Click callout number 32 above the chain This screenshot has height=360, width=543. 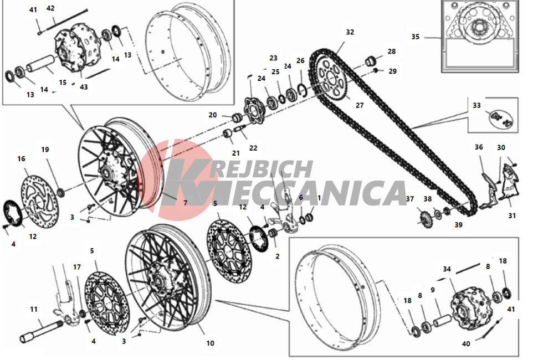tap(350, 32)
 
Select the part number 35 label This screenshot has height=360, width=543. tap(415, 37)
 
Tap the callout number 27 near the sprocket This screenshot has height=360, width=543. tap(360, 105)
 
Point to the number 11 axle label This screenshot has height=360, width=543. tap(34, 309)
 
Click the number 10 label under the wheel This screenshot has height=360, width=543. tap(210, 343)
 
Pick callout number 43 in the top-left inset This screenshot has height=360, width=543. tap(84, 87)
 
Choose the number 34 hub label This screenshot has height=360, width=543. tap(447, 269)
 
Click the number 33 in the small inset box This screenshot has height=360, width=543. tap(477, 105)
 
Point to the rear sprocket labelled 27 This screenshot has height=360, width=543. tap(330, 79)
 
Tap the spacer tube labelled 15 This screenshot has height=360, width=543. tap(41, 63)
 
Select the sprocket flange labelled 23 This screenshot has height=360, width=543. tap(254, 111)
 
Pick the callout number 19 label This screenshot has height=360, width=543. tap(45, 150)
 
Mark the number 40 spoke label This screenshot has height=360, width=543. tap(466, 344)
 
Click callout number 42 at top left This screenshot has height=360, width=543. tap(50, 8)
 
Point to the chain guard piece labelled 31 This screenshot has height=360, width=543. tap(509, 183)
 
